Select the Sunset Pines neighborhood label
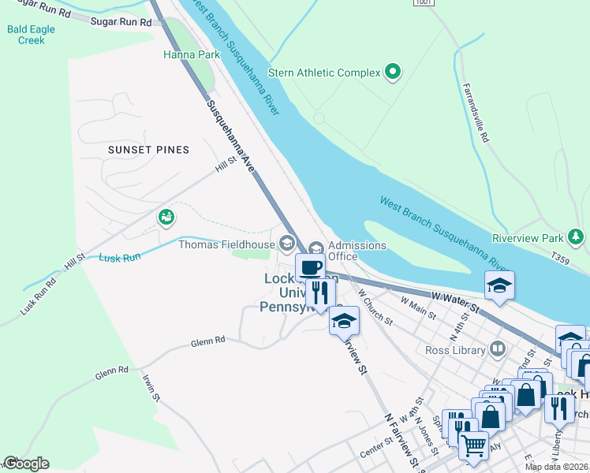[149, 150]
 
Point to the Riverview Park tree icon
[577, 236]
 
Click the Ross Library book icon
[498, 348]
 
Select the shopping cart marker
[472, 445]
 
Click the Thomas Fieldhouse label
[226, 244]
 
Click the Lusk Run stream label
[120, 257]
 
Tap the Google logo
[25, 464]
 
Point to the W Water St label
[456, 299]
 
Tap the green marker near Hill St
[166, 217]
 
